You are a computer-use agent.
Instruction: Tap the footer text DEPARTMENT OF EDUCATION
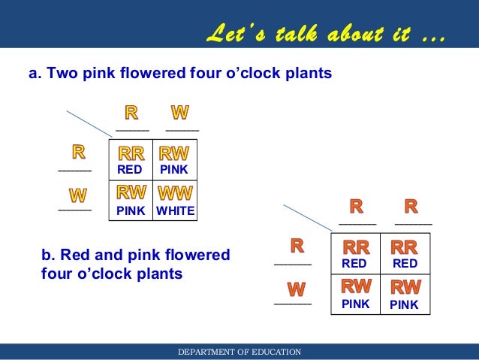[x=239, y=352]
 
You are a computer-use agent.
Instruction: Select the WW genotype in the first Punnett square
[x=174, y=192]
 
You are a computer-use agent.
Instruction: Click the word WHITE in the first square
[x=175, y=212]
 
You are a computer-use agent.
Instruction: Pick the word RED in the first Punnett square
[x=131, y=170]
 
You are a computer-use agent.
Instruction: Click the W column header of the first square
[x=180, y=113]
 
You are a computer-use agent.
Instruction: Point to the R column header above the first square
[x=131, y=113]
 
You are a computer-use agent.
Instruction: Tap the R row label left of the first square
[x=78, y=153]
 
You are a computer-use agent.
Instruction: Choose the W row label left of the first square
[x=77, y=195]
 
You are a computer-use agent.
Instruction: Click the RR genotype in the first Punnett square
[x=131, y=154]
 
